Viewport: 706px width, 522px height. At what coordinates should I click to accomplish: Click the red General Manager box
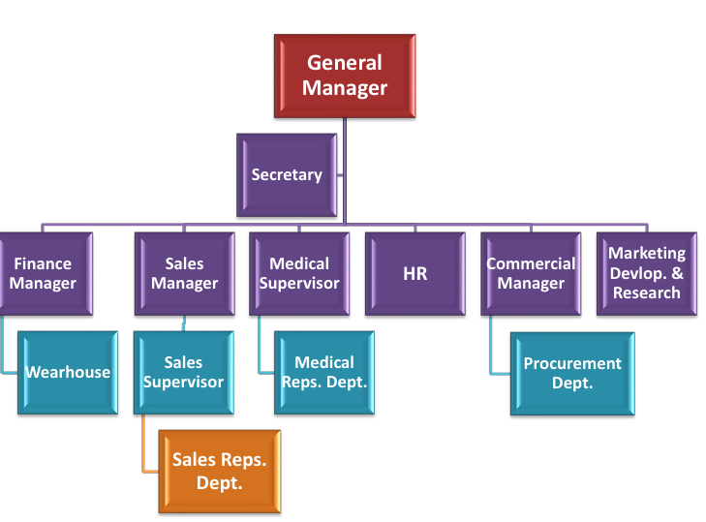345,77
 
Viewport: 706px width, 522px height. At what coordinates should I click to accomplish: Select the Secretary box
287,175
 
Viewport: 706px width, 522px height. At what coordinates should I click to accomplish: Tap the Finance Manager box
44,274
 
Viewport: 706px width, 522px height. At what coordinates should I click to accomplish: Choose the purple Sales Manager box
184,274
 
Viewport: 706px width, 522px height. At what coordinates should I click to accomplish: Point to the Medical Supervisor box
299,274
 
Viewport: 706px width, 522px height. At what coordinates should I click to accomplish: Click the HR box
414,274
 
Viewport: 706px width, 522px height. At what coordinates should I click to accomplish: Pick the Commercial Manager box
530,274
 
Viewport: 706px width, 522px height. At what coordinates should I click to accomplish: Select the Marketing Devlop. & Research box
646,274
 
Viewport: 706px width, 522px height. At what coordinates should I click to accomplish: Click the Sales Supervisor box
183,373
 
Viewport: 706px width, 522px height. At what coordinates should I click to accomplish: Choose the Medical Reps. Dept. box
323,373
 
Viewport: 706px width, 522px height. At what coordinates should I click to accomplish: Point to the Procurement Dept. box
572,373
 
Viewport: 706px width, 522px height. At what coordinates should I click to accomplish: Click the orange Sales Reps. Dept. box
219,471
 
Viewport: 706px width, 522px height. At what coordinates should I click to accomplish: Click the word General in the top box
345,64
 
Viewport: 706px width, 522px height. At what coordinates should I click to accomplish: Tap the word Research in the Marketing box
647,292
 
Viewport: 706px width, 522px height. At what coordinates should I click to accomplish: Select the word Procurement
572,364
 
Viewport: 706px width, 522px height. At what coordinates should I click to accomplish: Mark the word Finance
43,263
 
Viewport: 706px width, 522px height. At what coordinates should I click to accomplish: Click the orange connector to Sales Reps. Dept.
143,455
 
